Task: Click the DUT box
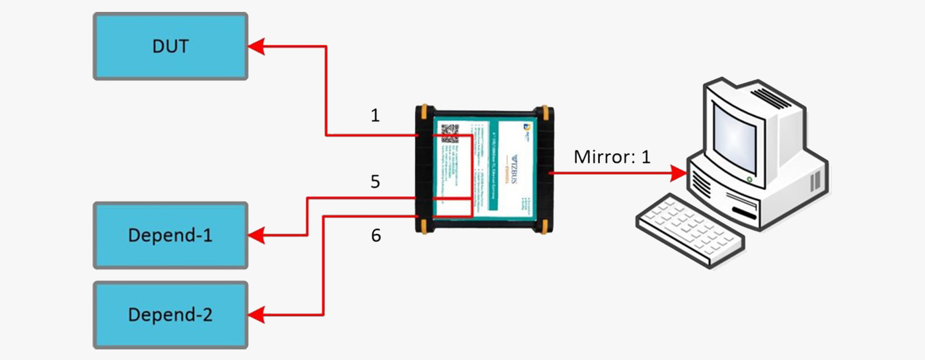pyautogui.click(x=170, y=46)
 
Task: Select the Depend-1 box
pyautogui.click(x=170, y=235)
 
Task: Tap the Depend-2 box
pyautogui.click(x=170, y=314)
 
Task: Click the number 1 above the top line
pyautogui.click(x=375, y=116)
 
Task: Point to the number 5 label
pyautogui.click(x=375, y=182)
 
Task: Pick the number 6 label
pyautogui.click(x=375, y=235)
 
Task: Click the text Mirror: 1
pyautogui.click(x=612, y=157)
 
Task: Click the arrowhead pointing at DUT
pyautogui.click(x=256, y=46)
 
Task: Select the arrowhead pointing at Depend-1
pyautogui.click(x=256, y=235)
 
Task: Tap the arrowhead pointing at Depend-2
pyautogui.click(x=256, y=314)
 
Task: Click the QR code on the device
pyautogui.click(x=450, y=133)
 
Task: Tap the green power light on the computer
pyautogui.click(x=749, y=179)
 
